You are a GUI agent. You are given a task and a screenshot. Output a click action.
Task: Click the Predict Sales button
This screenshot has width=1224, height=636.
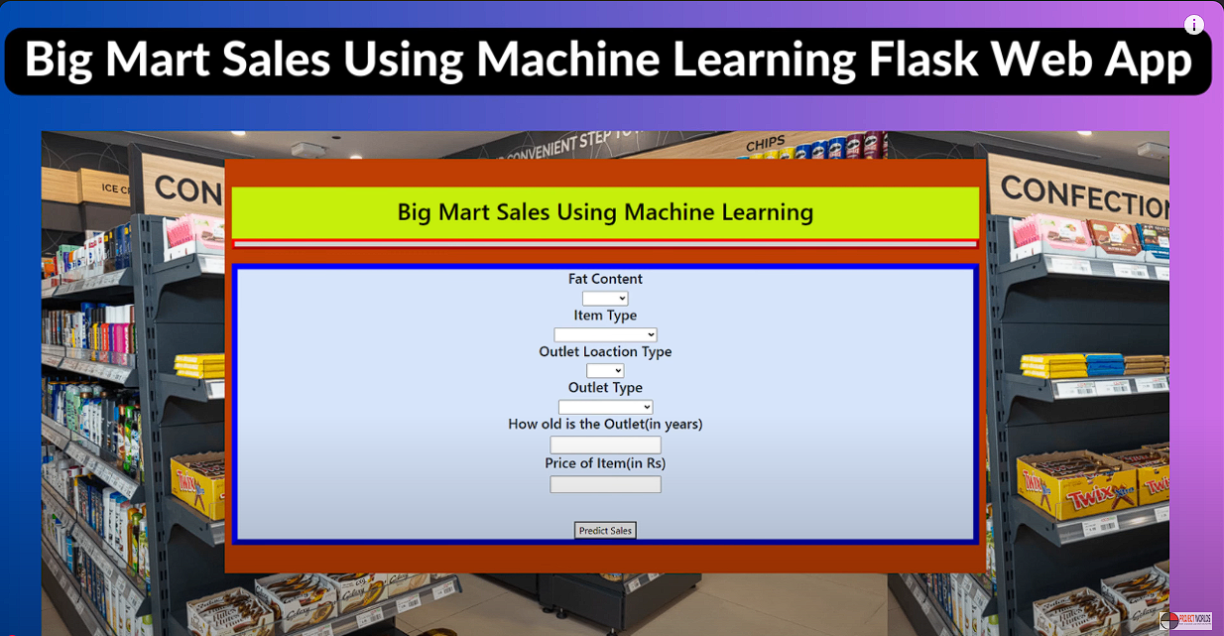coord(605,531)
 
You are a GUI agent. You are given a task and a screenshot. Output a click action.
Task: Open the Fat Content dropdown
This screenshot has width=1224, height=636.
coord(605,299)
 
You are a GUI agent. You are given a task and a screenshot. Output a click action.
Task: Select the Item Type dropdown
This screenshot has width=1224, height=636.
coord(605,335)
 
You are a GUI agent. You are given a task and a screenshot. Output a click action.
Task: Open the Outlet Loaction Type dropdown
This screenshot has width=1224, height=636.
coord(605,371)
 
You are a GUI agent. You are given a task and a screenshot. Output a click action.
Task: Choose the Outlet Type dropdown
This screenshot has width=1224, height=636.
coord(605,407)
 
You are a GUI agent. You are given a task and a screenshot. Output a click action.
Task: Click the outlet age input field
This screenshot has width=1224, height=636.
coord(605,445)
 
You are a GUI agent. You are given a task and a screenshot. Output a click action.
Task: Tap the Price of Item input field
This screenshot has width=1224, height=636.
coord(605,484)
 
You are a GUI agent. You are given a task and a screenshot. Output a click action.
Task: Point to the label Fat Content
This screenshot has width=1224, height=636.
coord(605,280)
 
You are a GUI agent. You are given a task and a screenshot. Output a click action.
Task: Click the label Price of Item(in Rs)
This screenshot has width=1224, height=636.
coord(605,463)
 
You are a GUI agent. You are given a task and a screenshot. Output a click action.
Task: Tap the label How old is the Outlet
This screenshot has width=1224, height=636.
coord(605,424)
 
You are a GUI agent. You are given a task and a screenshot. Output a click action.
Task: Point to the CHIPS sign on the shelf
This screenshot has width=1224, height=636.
coord(765,144)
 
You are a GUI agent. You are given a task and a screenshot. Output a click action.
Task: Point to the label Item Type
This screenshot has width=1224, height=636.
coord(605,316)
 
